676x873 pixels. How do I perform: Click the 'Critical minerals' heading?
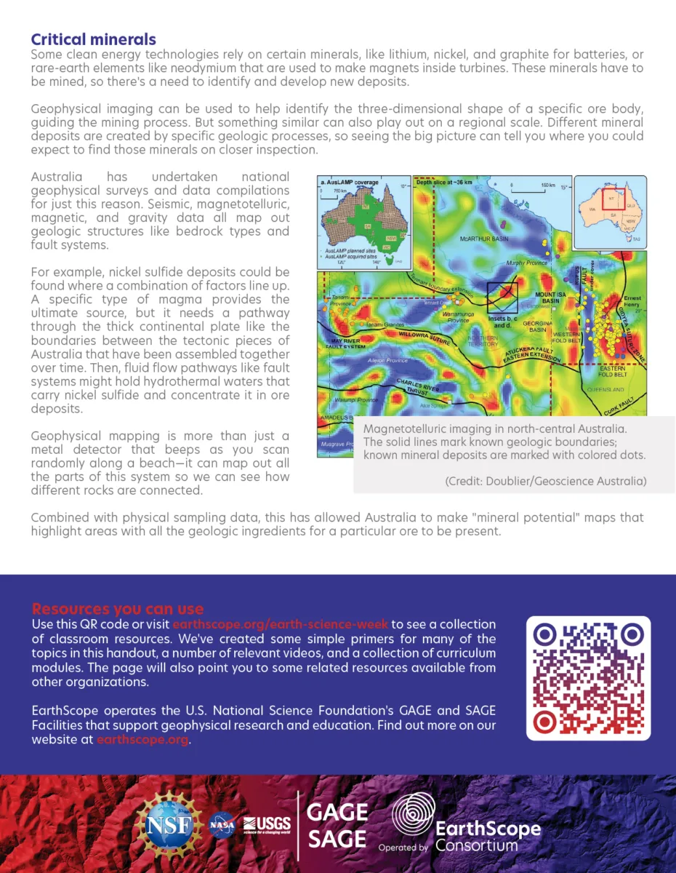pyautogui.click(x=93, y=39)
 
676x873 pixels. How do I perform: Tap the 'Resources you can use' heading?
pyautogui.click(x=117, y=609)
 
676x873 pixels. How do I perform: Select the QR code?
pyautogui.click(x=588, y=678)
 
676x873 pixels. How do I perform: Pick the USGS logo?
pyautogui.click(x=267, y=824)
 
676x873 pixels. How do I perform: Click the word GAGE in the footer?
pyautogui.click(x=337, y=811)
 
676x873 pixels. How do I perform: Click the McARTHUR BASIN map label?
pyautogui.click(x=486, y=239)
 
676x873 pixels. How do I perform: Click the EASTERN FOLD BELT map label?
pyautogui.click(x=612, y=372)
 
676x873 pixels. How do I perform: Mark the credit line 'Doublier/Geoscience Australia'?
pyautogui.click(x=544, y=481)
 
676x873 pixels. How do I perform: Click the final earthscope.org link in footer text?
pyautogui.click(x=142, y=740)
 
